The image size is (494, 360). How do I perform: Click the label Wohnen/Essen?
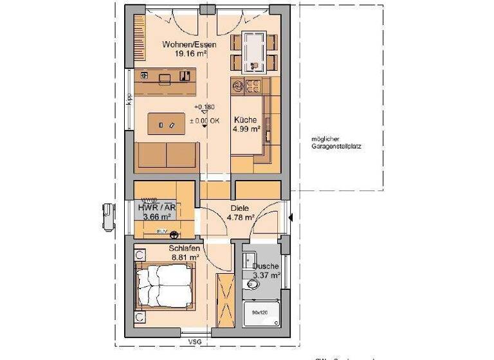(x=189, y=44)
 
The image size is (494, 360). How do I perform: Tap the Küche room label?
(x=246, y=120)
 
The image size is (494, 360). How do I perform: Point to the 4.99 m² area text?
(x=246, y=129)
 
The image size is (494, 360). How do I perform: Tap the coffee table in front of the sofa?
(x=165, y=123)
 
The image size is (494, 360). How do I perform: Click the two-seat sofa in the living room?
(x=167, y=156)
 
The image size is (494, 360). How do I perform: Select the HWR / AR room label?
(x=156, y=207)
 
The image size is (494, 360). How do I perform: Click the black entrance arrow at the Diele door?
(x=291, y=218)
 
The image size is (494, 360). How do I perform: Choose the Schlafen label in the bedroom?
(x=183, y=248)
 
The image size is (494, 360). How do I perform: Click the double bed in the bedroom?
(x=166, y=285)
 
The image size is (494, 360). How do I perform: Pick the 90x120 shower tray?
(x=260, y=313)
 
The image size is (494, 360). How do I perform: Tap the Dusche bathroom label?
(x=265, y=266)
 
